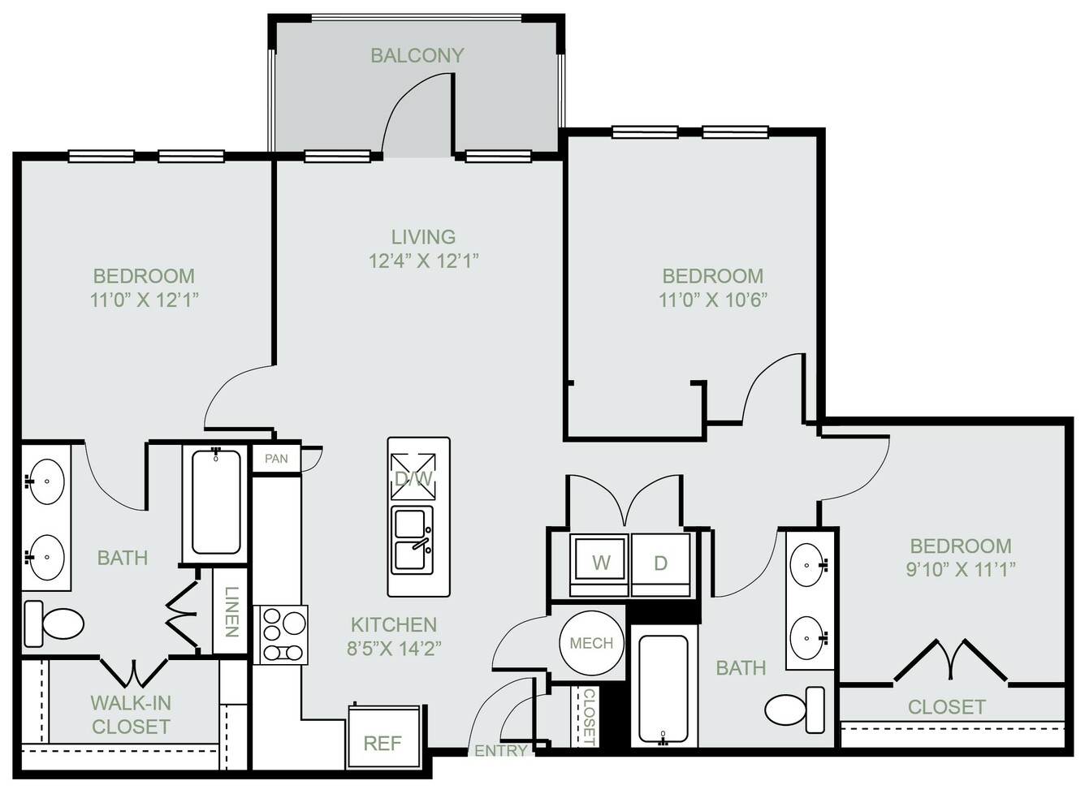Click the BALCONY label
(417, 55)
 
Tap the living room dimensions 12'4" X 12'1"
(423, 261)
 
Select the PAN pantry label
(277, 459)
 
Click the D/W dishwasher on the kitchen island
(413, 477)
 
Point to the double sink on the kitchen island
(412, 540)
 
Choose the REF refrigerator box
(383, 736)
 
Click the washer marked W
(599, 564)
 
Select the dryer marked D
(661, 564)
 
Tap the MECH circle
(591, 643)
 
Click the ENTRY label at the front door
(500, 751)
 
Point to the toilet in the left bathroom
(54, 624)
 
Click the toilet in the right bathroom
(795, 710)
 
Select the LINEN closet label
(231, 612)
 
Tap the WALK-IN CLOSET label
(131, 714)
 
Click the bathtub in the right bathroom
(664, 690)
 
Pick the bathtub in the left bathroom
(216, 502)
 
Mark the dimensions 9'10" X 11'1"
(961, 570)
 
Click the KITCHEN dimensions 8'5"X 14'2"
(394, 648)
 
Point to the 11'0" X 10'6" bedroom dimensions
(713, 300)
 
